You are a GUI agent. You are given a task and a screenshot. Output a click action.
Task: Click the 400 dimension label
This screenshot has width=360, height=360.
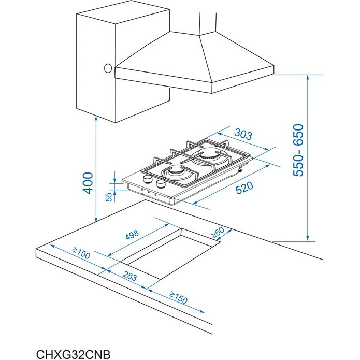(88, 183)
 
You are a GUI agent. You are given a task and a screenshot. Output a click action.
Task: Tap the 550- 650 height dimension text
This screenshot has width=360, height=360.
(298, 150)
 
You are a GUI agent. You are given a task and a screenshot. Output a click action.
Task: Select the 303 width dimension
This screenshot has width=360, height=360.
(243, 134)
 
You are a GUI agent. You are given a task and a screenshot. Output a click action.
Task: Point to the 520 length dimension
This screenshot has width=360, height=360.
(244, 188)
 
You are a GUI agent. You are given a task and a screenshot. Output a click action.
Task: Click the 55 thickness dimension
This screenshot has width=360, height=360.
(109, 197)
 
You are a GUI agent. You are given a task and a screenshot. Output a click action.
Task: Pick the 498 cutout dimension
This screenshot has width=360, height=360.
(132, 235)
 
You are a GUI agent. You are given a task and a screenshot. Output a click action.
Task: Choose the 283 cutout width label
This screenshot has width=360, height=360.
(129, 276)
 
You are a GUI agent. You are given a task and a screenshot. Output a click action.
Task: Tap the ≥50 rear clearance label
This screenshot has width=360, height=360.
(217, 233)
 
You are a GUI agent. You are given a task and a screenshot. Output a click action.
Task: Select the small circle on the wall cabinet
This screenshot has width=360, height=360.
(108, 68)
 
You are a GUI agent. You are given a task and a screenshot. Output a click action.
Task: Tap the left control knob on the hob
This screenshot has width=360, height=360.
(147, 179)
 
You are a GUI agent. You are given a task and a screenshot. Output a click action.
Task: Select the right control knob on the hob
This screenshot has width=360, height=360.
(161, 183)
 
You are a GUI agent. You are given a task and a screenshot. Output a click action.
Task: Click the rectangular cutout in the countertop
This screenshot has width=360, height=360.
(170, 254)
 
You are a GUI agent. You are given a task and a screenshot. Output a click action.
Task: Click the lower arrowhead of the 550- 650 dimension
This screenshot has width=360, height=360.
(308, 238)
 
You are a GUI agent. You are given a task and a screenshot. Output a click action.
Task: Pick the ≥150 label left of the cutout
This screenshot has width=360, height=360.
(81, 253)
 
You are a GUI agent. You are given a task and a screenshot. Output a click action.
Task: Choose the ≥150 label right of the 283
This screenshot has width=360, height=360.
(179, 298)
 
